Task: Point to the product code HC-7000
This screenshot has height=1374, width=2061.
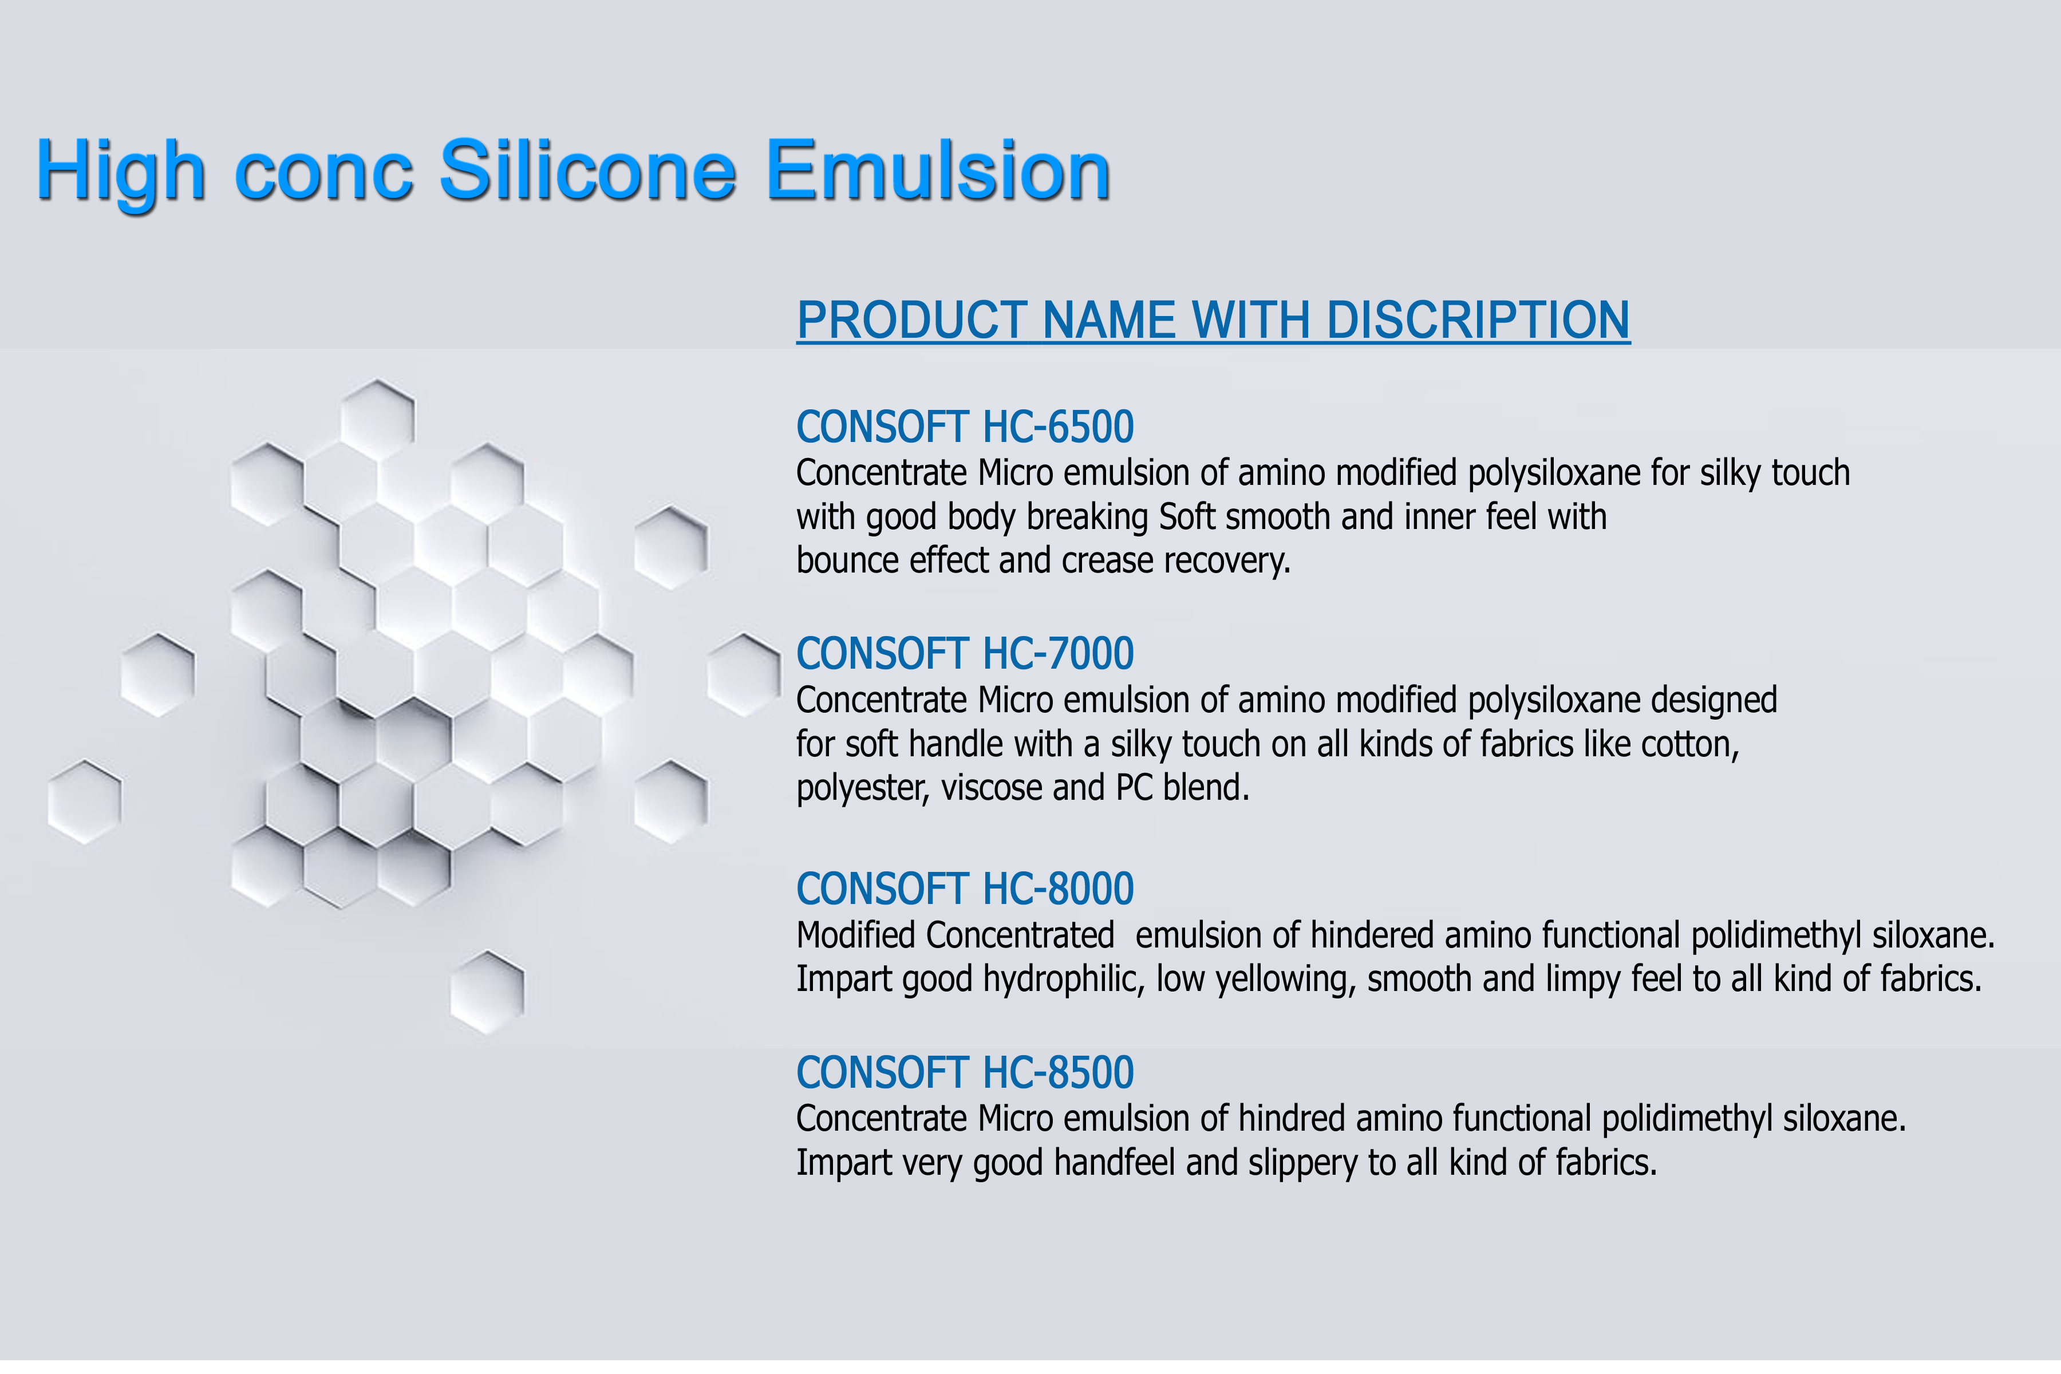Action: [x=1059, y=654]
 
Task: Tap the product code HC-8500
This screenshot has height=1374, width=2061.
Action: [x=1059, y=1072]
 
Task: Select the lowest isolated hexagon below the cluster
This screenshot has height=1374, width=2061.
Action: [x=487, y=992]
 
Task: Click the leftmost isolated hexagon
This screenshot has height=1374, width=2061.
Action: [x=84, y=802]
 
